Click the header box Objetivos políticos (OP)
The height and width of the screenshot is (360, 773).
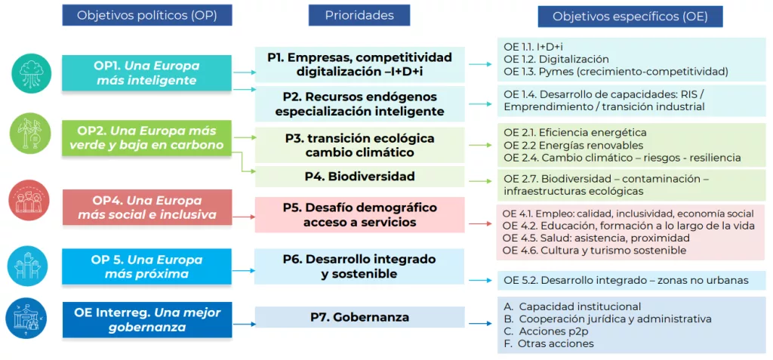[146, 16]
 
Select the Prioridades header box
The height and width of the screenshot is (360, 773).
[359, 15]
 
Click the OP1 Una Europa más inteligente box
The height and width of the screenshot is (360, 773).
[146, 72]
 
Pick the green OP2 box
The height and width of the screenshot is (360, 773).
[146, 138]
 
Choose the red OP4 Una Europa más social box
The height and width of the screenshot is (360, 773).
[146, 208]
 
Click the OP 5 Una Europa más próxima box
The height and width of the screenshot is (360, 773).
[146, 267]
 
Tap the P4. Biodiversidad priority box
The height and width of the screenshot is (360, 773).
[359, 177]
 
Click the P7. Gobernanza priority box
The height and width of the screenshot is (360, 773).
[359, 317]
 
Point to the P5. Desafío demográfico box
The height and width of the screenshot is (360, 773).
[359, 215]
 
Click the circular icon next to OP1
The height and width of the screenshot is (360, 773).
[31, 73]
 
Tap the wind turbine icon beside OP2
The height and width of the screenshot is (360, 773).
[31, 135]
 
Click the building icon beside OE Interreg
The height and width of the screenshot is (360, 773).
[31, 318]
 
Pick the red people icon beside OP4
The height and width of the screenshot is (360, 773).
[31, 202]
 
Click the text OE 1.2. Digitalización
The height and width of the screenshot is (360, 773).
[556, 59]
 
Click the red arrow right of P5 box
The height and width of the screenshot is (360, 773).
[480, 223]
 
